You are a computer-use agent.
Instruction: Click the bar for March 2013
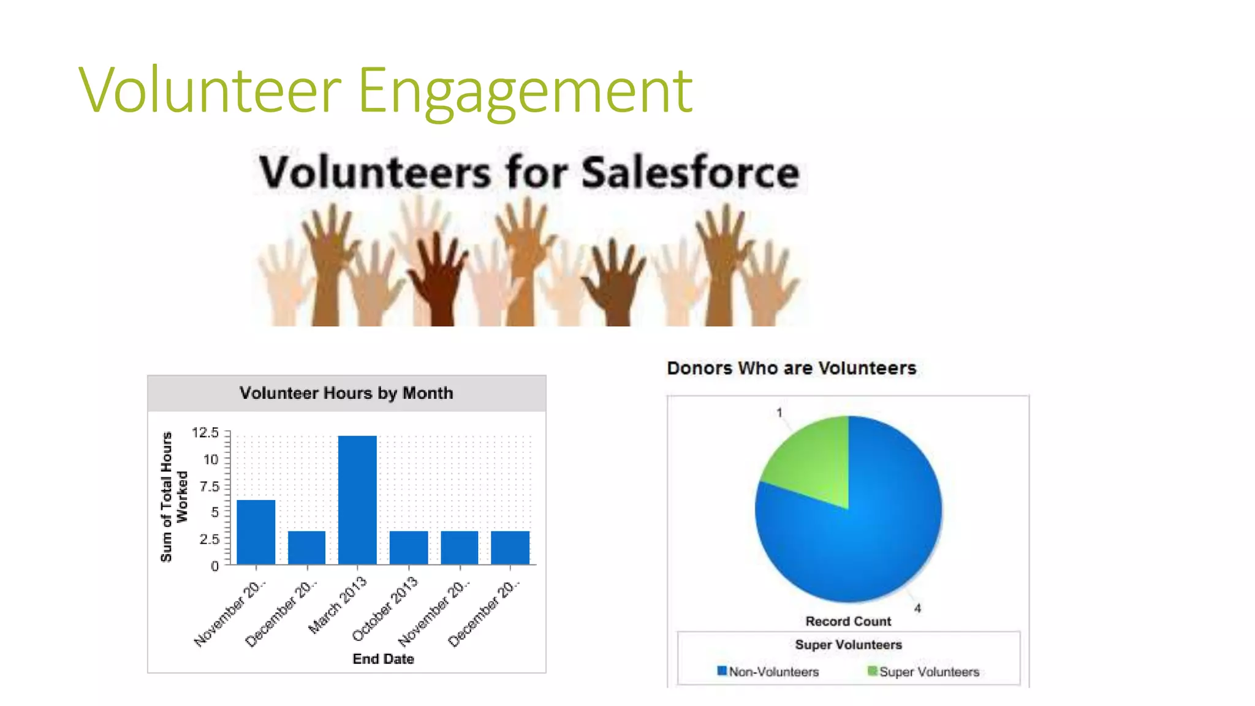pyautogui.click(x=357, y=499)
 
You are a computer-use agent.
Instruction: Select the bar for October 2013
pyautogui.click(x=409, y=547)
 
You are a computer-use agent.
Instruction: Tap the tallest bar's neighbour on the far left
pyautogui.click(x=256, y=532)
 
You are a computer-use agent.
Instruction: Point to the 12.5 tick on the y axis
pyautogui.click(x=205, y=433)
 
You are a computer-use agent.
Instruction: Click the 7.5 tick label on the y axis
pyautogui.click(x=209, y=487)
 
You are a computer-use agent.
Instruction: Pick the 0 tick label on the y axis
pyautogui.click(x=214, y=566)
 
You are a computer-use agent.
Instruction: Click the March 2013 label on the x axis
pyautogui.click(x=338, y=604)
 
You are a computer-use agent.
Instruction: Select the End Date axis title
pyautogui.click(x=383, y=659)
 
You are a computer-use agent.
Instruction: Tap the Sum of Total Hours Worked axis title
pyautogui.click(x=173, y=497)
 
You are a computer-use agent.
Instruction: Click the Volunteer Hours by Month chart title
pyautogui.click(x=346, y=393)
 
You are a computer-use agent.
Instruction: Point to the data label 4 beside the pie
pyautogui.click(x=917, y=608)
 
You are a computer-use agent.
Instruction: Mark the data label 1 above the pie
pyautogui.click(x=779, y=412)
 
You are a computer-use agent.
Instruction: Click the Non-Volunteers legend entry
pyautogui.click(x=768, y=672)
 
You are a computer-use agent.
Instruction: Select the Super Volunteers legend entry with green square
pyautogui.click(x=923, y=672)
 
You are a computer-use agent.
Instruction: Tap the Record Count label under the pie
pyautogui.click(x=848, y=621)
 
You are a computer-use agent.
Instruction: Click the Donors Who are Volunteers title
pyautogui.click(x=791, y=368)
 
